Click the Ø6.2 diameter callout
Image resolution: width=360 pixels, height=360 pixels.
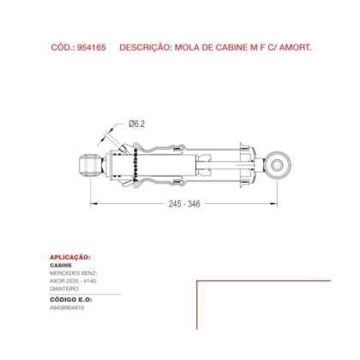(138, 123)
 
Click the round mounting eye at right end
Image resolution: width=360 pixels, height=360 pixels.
(277, 161)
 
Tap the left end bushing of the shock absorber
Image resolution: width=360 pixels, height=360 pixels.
(87, 162)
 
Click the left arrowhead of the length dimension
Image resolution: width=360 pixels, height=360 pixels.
(93, 203)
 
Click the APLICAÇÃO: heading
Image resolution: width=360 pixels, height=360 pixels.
(70, 257)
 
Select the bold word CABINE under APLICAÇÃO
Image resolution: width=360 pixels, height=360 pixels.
(62, 266)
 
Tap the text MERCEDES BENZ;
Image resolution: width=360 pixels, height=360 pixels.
(73, 273)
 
